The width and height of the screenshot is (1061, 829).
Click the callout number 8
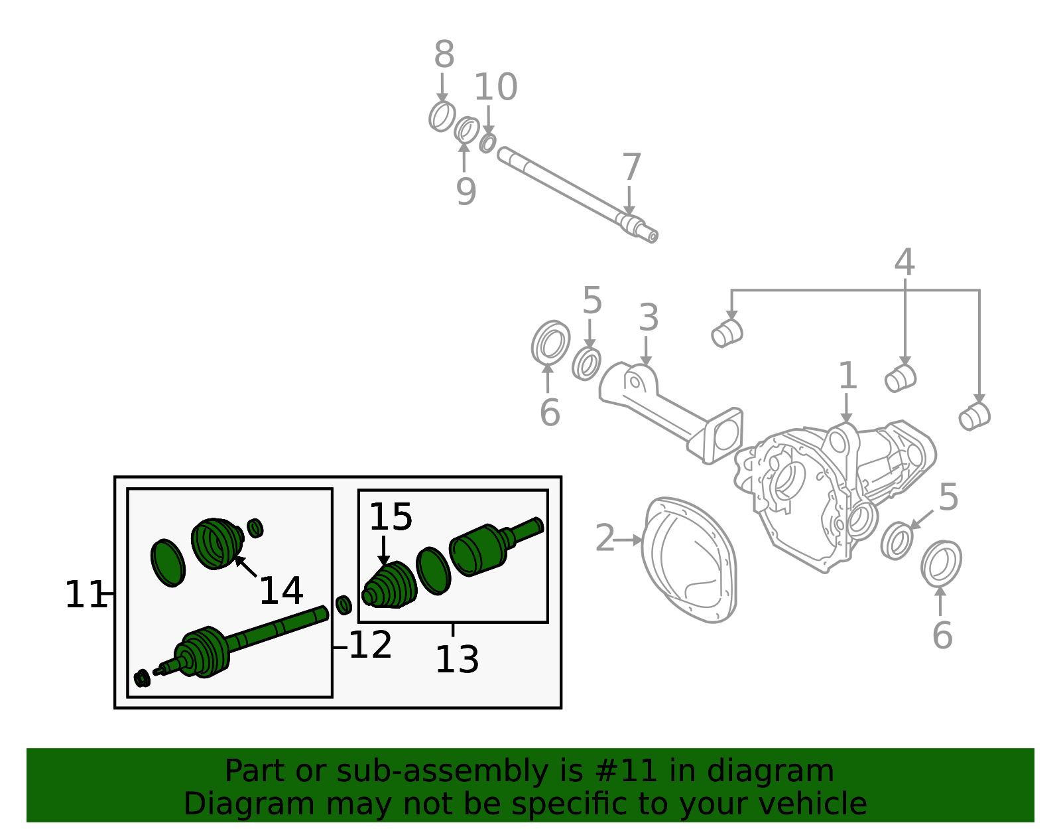click(x=444, y=55)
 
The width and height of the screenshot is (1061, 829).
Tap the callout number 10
click(x=495, y=88)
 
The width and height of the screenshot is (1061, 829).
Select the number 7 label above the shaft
click(x=631, y=168)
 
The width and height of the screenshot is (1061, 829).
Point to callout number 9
click(x=466, y=192)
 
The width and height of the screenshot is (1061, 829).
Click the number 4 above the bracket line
click(x=904, y=263)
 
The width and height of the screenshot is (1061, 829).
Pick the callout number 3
click(x=648, y=318)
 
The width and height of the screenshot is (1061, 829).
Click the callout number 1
click(x=847, y=376)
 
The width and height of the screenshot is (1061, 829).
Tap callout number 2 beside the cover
click(x=605, y=538)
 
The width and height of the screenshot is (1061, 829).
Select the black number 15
click(x=391, y=517)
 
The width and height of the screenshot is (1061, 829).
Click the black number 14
click(x=281, y=591)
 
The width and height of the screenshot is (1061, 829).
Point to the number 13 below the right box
click(x=457, y=660)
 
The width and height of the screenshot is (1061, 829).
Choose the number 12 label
click(x=370, y=645)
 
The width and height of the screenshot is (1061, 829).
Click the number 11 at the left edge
click(x=85, y=595)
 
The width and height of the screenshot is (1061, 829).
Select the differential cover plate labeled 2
click(x=690, y=561)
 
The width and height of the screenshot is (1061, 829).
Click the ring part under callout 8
click(x=442, y=117)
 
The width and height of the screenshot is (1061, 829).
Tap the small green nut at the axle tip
click(x=141, y=678)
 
